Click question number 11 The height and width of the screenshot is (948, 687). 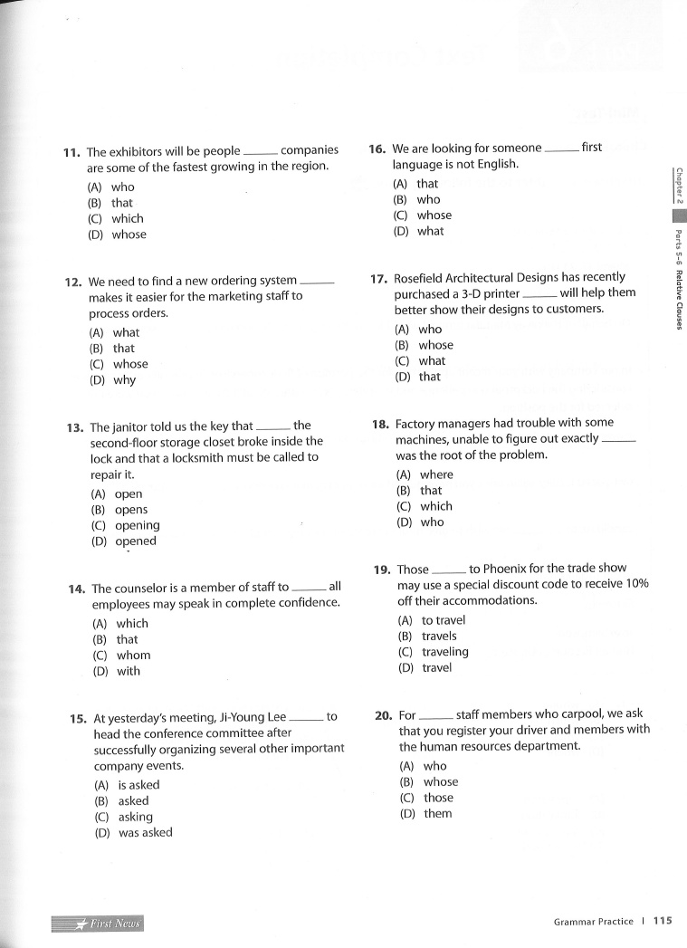tap(72, 152)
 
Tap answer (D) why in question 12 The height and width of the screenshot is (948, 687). tap(112, 380)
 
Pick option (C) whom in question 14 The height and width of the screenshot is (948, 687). tap(122, 656)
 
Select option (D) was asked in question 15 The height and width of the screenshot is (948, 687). tap(133, 833)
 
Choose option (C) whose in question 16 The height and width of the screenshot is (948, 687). tap(423, 215)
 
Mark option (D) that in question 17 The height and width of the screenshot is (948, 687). tap(418, 377)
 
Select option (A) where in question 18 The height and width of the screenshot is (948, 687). tap(425, 474)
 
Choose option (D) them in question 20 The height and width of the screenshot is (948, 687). tap(425, 814)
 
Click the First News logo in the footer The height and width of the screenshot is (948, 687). tap(99, 924)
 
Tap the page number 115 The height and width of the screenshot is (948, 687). tap(663, 922)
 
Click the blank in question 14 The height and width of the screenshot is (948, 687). tap(309, 589)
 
